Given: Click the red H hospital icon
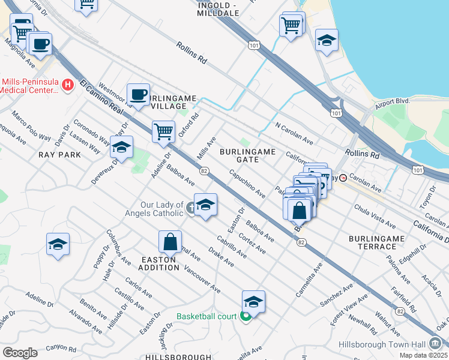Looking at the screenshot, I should (x=68, y=85).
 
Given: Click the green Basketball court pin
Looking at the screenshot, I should (x=246, y=316).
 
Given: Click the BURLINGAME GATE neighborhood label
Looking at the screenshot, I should (x=247, y=155).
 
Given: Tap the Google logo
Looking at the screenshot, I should (x=20, y=353).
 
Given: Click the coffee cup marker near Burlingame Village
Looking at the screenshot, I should (x=138, y=95).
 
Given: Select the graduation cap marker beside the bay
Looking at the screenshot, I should (x=327, y=40).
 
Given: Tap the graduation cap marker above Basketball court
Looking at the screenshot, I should (x=253, y=302).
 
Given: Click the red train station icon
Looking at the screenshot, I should (x=343, y=178).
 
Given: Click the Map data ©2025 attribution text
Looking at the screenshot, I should (x=424, y=355).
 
